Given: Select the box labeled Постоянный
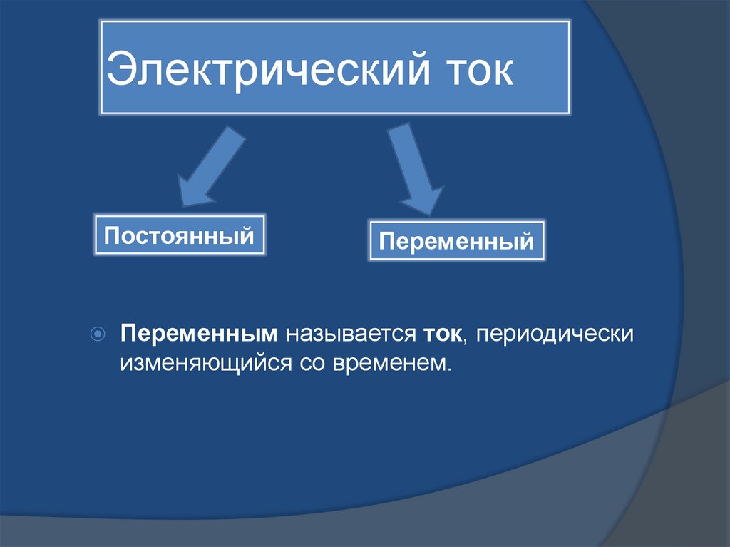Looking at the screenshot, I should click(x=180, y=235).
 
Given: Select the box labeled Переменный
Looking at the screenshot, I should click(x=456, y=241).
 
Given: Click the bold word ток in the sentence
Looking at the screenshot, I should click(x=442, y=334).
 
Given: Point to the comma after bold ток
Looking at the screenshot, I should click(x=465, y=340).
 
